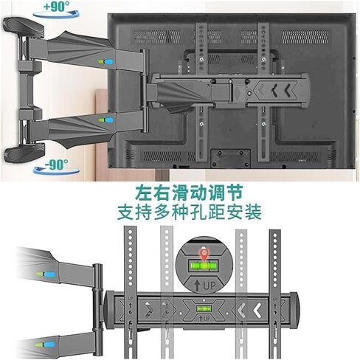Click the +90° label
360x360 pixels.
57,7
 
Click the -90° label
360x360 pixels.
56,164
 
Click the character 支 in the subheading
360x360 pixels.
126,212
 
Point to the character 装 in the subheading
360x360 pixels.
252,212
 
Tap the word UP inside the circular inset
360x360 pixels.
210,285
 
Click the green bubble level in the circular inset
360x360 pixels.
204,266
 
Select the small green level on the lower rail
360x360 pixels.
204,308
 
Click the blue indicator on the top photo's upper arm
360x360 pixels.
110,61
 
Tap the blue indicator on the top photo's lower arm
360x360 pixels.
109,120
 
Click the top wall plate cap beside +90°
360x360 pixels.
24,27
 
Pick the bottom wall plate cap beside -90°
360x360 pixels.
24,153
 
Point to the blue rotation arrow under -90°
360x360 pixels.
57,171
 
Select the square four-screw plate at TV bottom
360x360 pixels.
230,159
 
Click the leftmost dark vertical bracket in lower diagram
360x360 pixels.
130,292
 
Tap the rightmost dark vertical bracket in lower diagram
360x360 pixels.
275,294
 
